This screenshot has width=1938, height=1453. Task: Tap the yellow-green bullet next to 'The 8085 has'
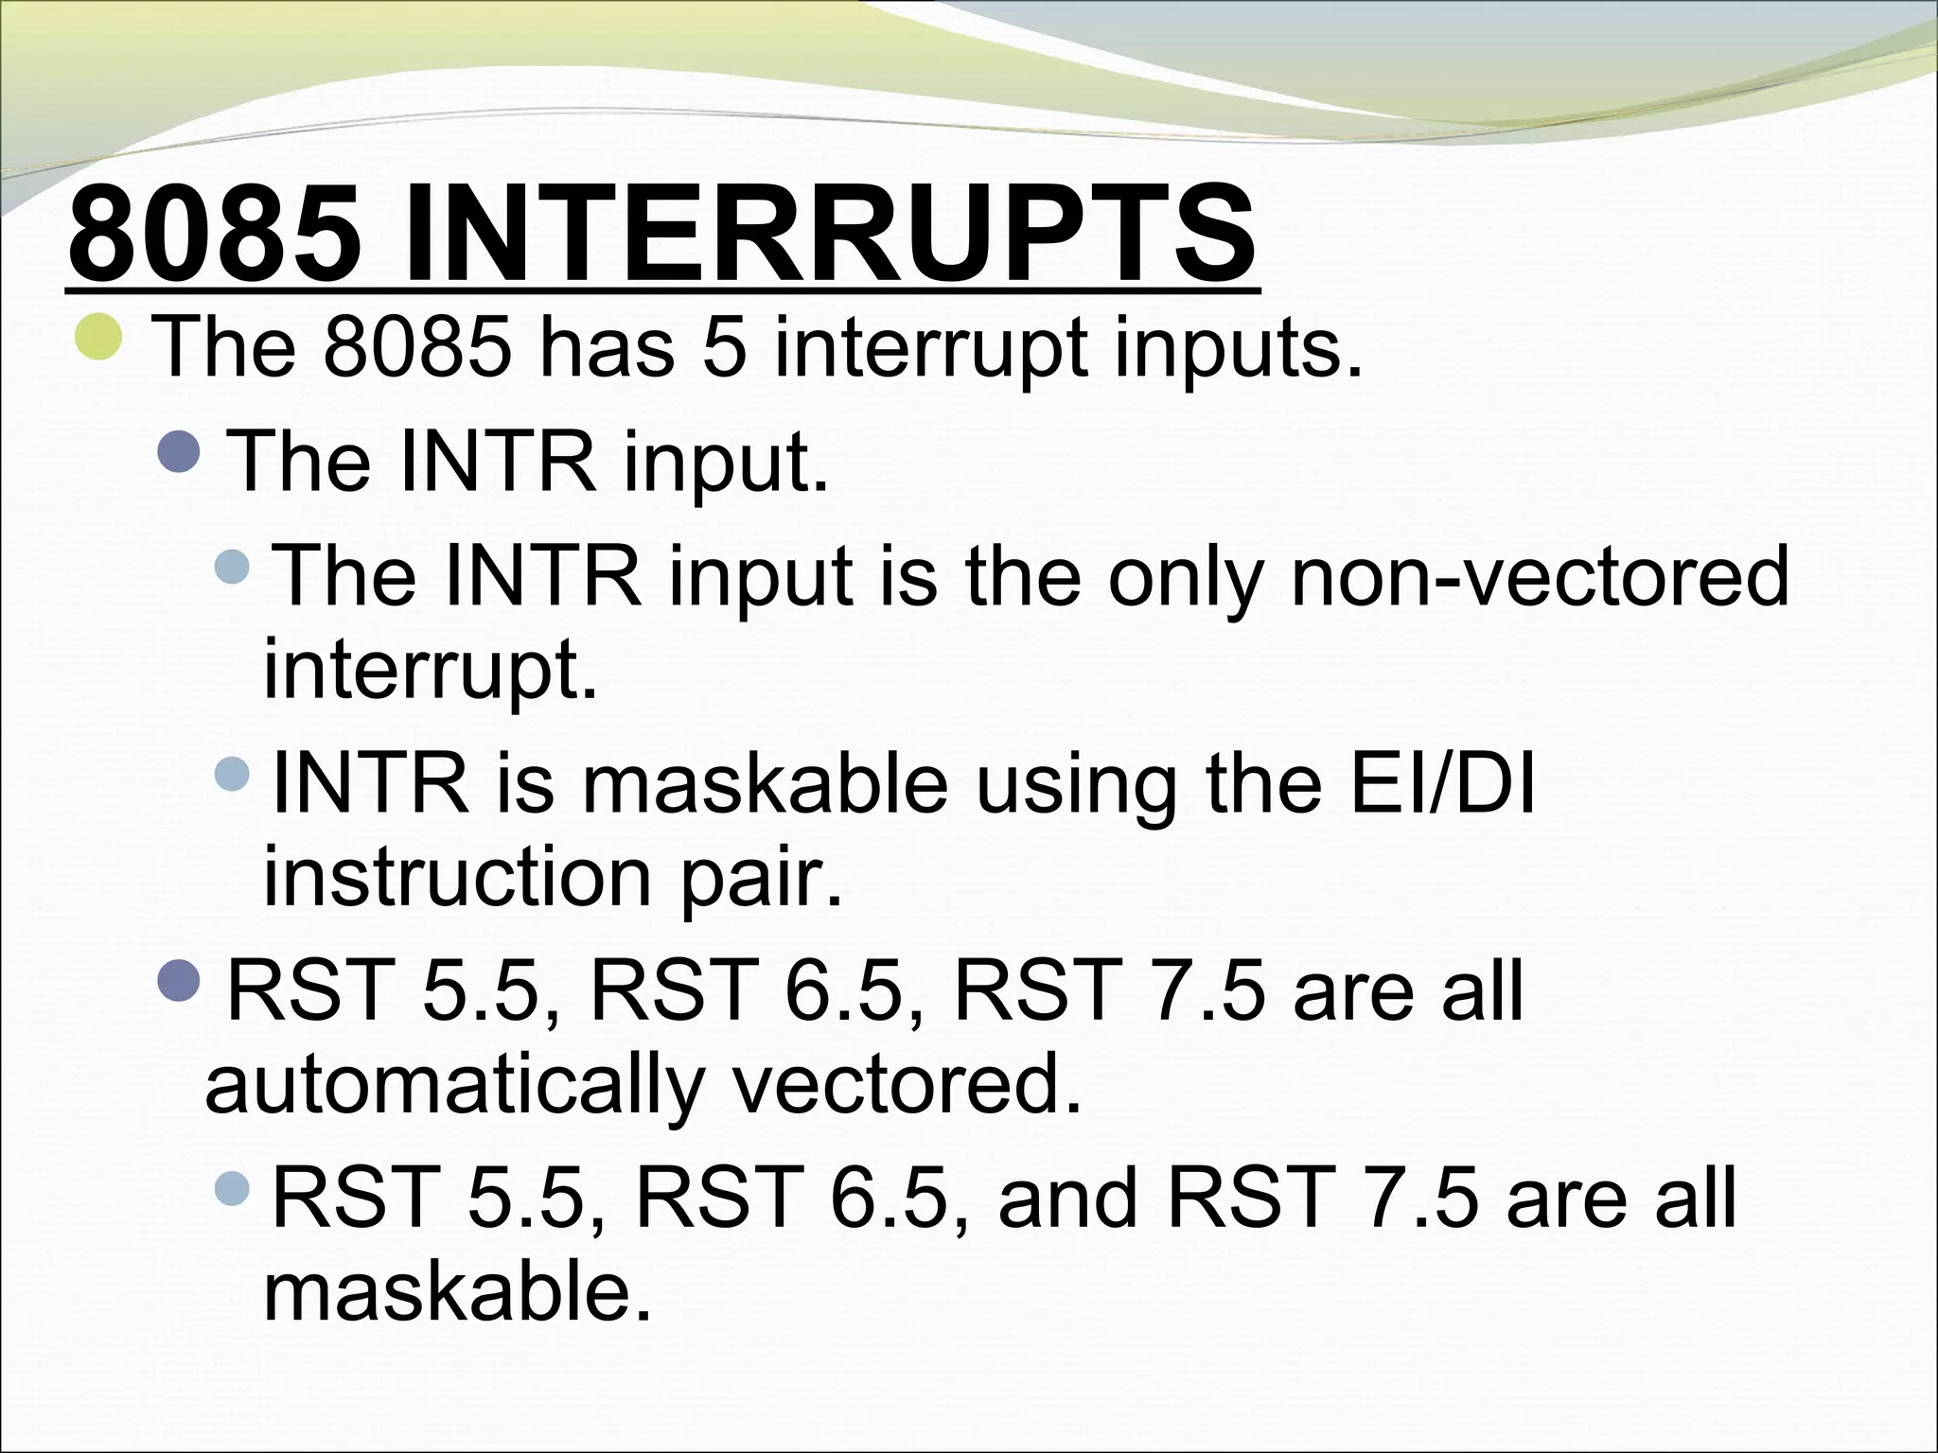(x=98, y=340)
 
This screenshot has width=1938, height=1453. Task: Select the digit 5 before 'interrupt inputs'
(x=725, y=347)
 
